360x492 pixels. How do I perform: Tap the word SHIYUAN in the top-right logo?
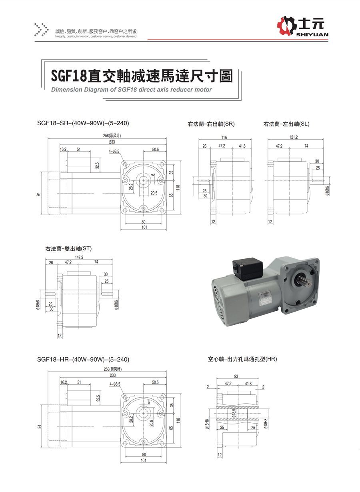point(313,35)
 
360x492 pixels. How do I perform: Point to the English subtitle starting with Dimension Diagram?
point(132,90)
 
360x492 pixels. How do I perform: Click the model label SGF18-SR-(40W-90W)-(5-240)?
point(83,123)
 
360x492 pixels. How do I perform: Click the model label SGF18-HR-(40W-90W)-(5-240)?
point(83,359)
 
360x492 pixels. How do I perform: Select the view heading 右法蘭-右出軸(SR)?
point(211,124)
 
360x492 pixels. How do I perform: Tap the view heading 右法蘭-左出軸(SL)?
point(286,124)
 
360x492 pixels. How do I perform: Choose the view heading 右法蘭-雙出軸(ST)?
point(68,248)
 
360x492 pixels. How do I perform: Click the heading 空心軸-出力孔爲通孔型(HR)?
point(242,359)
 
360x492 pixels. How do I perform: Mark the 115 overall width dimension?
point(225,137)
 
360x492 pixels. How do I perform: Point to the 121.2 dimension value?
point(293,137)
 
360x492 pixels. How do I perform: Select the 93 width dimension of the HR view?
point(236,376)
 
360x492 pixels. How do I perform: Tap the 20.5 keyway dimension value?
point(154,192)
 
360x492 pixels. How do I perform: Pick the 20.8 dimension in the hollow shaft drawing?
point(151,422)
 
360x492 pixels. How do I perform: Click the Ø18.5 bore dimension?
point(234,412)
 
